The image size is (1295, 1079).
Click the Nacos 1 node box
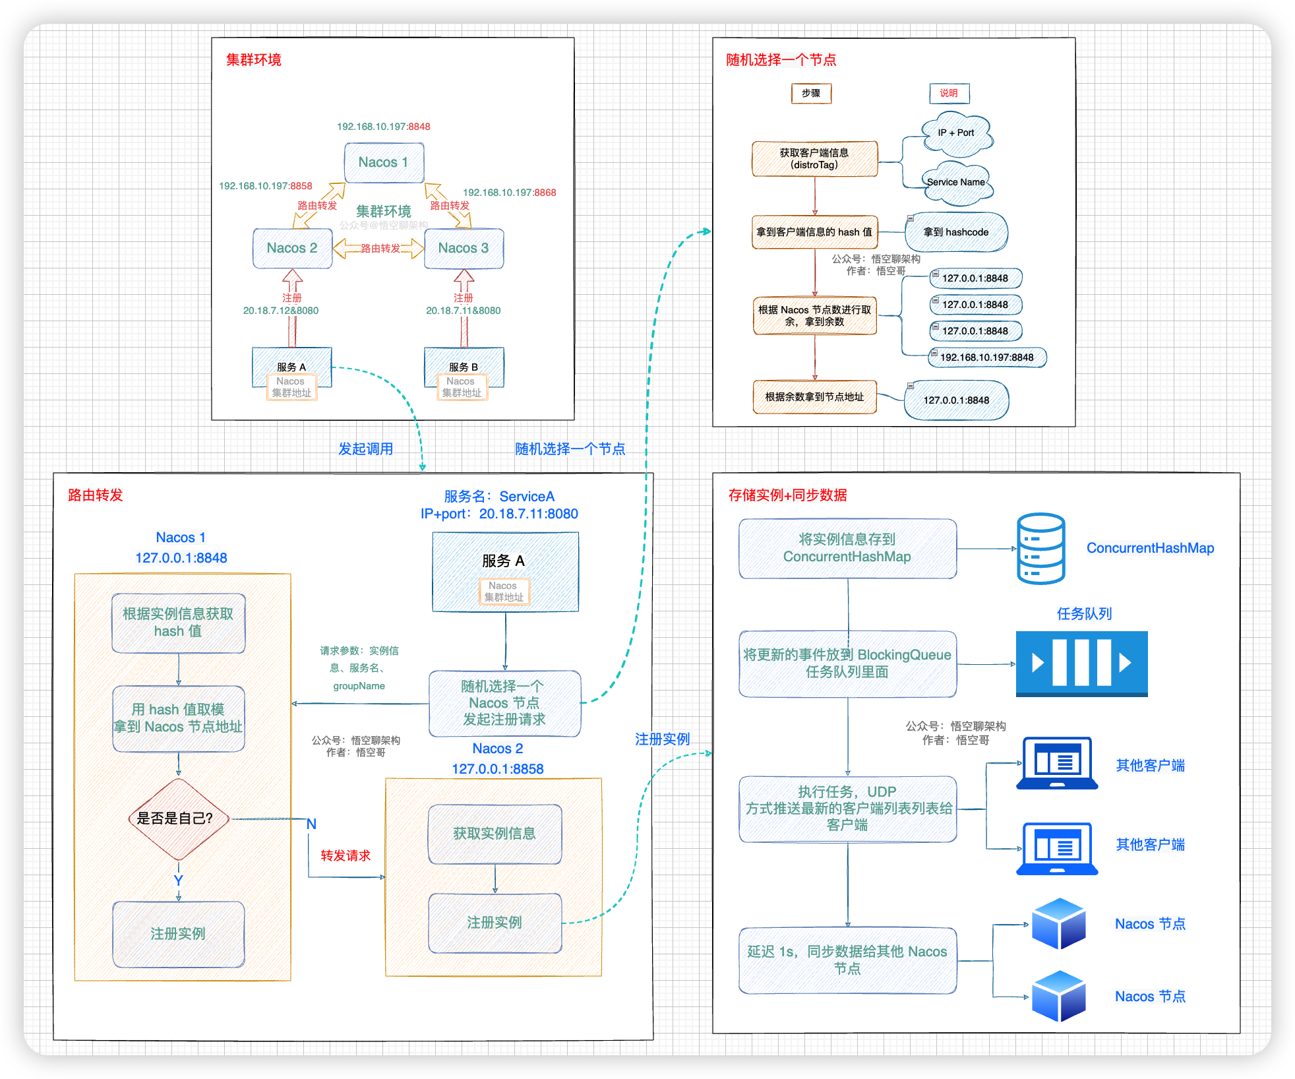click(384, 162)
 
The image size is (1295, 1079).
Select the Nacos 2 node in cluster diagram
click(292, 248)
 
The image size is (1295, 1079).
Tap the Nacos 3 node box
click(464, 248)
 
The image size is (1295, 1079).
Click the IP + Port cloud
click(956, 133)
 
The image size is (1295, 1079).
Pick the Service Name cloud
click(956, 183)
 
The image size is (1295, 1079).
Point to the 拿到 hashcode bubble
click(956, 232)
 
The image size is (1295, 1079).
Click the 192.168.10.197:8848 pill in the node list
click(987, 357)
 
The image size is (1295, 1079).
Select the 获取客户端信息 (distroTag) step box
click(814, 159)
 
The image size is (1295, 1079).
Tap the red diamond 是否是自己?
click(177, 818)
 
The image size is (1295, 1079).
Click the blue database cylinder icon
click(1040, 548)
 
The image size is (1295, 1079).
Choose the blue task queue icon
click(1081, 663)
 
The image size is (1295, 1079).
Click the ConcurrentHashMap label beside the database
click(1150, 548)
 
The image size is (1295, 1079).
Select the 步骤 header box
click(811, 94)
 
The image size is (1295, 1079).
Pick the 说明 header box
click(949, 94)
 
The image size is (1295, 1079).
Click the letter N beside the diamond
click(311, 824)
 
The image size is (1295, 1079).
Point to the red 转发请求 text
click(346, 855)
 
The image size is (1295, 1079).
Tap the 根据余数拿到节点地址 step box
click(814, 397)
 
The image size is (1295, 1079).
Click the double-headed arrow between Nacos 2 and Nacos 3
click(378, 249)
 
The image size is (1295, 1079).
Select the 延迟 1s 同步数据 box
click(847, 960)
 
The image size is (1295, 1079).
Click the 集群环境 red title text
click(254, 60)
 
